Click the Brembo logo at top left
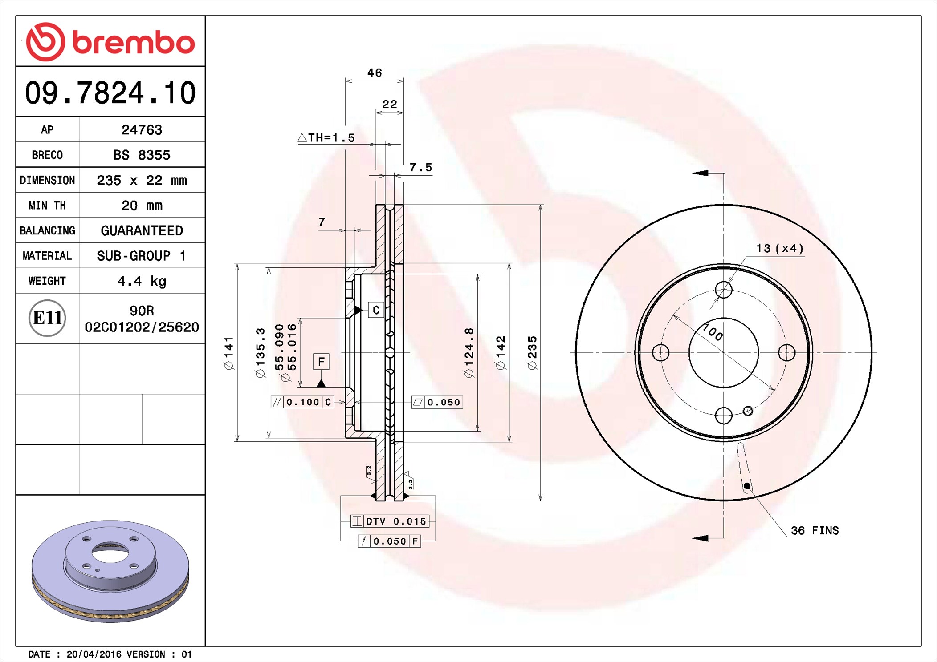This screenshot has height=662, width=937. (x=110, y=42)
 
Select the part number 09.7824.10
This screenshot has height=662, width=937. (x=110, y=93)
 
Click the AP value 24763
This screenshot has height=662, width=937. (x=142, y=129)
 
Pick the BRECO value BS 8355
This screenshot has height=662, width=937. (x=142, y=155)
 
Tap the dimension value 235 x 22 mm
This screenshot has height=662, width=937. (x=142, y=180)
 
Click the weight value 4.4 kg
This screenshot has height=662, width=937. (x=142, y=281)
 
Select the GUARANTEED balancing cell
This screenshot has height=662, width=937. (x=142, y=230)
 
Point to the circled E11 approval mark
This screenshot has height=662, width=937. (x=47, y=318)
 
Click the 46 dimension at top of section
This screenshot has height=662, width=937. (x=375, y=73)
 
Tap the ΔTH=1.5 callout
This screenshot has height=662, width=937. (x=326, y=138)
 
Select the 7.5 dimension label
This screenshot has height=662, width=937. (x=420, y=167)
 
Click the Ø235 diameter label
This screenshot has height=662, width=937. (x=532, y=353)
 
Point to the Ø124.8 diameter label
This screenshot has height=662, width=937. (x=469, y=353)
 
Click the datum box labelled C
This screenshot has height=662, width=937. (x=376, y=310)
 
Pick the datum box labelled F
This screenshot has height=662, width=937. (x=321, y=362)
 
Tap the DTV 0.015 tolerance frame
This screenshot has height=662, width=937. (x=390, y=521)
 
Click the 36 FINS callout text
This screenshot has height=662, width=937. (x=815, y=530)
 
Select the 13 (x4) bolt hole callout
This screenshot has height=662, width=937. (x=780, y=248)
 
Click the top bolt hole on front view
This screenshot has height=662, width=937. (x=724, y=290)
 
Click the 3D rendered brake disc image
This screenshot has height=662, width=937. (x=110, y=571)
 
